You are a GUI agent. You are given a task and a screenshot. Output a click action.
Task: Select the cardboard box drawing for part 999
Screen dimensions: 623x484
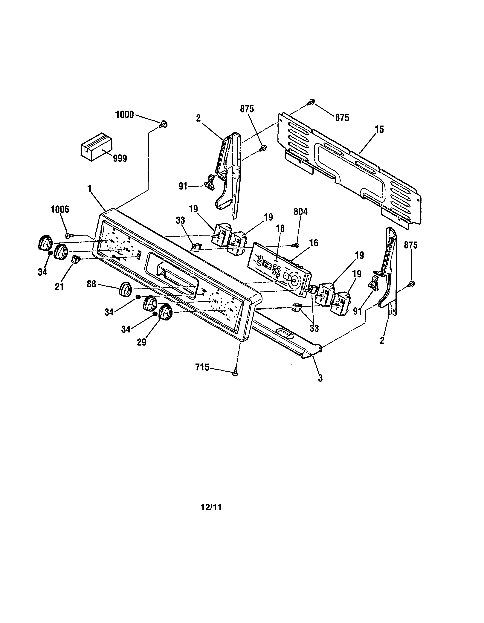pyautogui.click(x=96, y=147)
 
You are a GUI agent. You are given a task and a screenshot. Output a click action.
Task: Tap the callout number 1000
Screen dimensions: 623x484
pyautogui.click(x=124, y=115)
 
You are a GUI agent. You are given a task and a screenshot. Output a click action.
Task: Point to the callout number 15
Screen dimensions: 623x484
pyautogui.click(x=379, y=129)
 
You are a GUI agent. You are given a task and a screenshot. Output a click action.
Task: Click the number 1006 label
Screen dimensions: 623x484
pyautogui.click(x=60, y=209)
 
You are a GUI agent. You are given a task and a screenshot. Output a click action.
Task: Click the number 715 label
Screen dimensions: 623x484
pyautogui.click(x=202, y=368)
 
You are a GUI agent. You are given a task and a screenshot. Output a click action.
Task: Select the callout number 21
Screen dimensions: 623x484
pyautogui.click(x=59, y=287)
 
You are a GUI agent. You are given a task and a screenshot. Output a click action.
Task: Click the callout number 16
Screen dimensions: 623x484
pyautogui.click(x=313, y=243)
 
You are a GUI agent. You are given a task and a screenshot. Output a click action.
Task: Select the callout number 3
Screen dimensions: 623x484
pyautogui.click(x=320, y=378)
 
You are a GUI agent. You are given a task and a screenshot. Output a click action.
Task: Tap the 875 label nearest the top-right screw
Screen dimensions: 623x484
pyautogui.click(x=342, y=117)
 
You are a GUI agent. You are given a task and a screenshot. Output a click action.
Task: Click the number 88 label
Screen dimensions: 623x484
pyautogui.click(x=91, y=284)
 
